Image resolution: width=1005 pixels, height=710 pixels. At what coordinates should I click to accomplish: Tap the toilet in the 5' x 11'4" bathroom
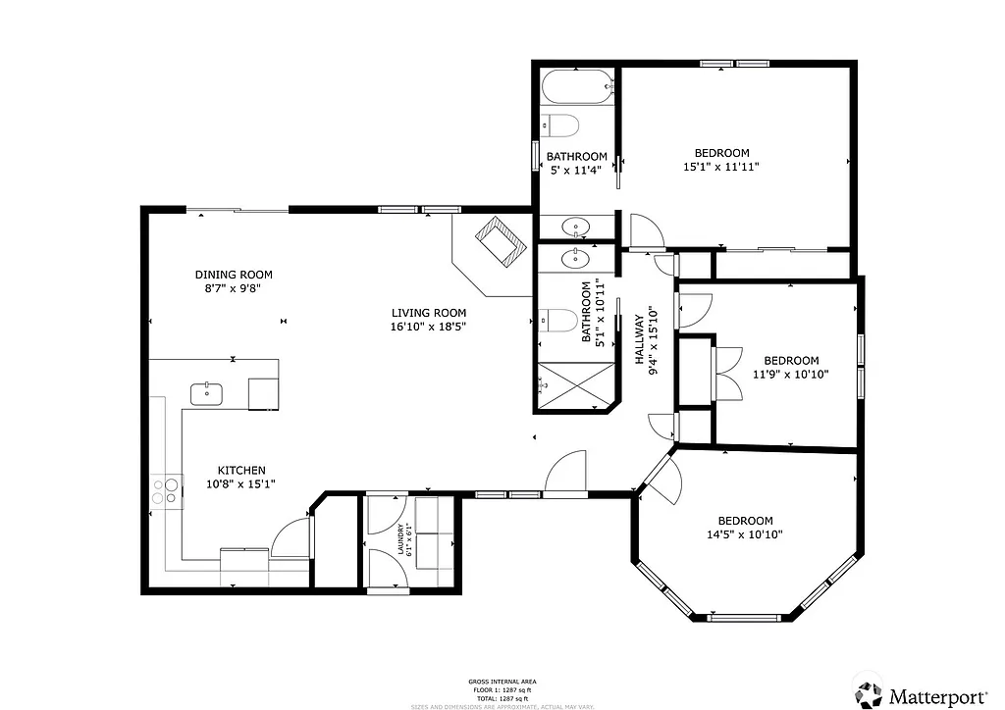[559, 126]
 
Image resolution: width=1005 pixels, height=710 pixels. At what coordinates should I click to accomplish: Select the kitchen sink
[207, 393]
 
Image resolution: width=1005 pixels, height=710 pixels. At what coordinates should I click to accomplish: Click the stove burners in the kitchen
[168, 491]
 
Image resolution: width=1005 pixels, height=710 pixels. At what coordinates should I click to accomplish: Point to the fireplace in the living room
[502, 241]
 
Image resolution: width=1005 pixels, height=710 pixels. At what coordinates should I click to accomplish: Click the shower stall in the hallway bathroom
[575, 385]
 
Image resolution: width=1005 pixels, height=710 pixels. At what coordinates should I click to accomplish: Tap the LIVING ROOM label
[427, 313]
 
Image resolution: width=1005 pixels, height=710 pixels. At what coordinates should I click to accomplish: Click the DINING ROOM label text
[233, 275]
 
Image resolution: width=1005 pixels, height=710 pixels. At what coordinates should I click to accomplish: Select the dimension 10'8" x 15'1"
[240, 483]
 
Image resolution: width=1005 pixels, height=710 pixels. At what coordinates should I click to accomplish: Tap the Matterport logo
[922, 695]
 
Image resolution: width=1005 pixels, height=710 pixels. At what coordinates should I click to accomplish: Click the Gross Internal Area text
[502, 681]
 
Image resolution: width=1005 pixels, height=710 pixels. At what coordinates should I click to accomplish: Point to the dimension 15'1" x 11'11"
[721, 167]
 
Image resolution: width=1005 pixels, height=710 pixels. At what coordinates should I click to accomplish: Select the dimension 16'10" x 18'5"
[427, 327]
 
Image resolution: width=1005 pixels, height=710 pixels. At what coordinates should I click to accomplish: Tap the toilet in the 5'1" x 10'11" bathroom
[558, 320]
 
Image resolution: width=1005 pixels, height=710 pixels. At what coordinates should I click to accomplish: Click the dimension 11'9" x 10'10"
[791, 374]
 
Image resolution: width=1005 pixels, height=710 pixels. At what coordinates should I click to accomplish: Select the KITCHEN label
[241, 470]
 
